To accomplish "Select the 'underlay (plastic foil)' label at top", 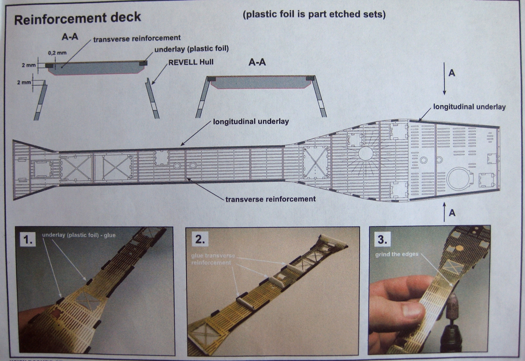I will tap(192, 49).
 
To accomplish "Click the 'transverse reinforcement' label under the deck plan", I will tap(271, 199).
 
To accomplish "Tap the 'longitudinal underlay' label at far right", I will tap(469, 107).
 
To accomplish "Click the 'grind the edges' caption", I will tap(396, 254).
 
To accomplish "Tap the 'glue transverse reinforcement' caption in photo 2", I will tap(213, 259).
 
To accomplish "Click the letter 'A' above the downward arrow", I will tap(452, 73).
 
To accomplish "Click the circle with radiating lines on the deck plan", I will tap(365, 154).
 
